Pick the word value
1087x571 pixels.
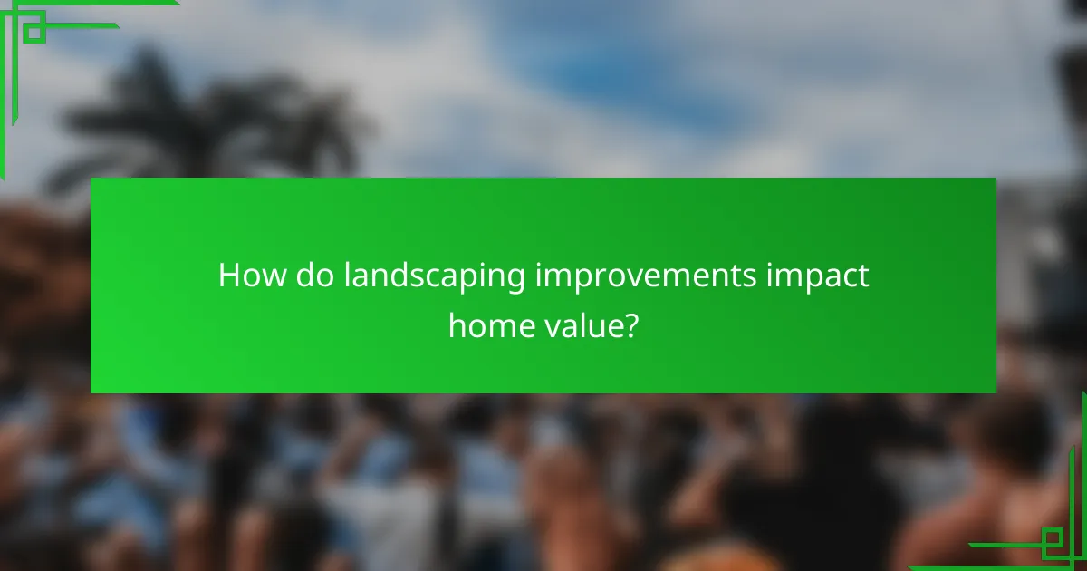pos(581,325)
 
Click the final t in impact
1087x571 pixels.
pos(863,276)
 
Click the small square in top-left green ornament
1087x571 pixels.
pos(34,33)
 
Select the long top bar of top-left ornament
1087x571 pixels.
pos(91,3)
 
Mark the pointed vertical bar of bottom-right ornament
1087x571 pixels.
pos(1082,480)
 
